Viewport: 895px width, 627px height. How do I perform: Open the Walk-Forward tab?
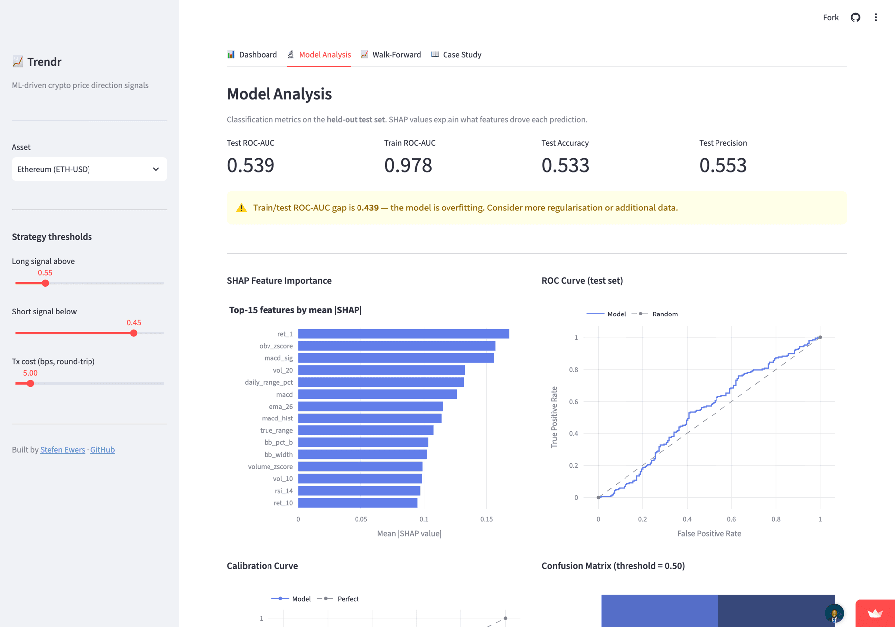pyautogui.click(x=391, y=55)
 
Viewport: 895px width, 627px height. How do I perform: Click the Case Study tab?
pyautogui.click(x=456, y=55)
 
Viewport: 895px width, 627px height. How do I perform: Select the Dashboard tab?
pyautogui.click(x=252, y=55)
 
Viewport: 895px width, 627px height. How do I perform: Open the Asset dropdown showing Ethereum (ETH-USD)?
pyautogui.click(x=89, y=169)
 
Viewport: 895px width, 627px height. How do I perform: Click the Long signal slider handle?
pyautogui.click(x=45, y=283)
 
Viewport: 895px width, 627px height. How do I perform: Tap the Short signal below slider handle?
pyautogui.click(x=134, y=333)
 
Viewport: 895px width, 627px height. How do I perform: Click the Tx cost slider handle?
pyautogui.click(x=30, y=384)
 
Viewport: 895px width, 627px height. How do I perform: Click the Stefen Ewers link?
pyautogui.click(x=63, y=450)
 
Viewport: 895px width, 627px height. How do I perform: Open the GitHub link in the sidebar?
pyautogui.click(x=102, y=450)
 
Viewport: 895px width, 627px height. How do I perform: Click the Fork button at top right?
pyautogui.click(x=831, y=18)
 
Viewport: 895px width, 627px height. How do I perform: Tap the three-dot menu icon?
pyautogui.click(x=876, y=18)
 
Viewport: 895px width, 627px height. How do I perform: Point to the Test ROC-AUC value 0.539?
pyautogui.click(x=251, y=165)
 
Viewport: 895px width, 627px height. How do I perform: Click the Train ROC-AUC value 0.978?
pyautogui.click(x=408, y=165)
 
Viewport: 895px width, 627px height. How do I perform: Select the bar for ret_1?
pyautogui.click(x=404, y=334)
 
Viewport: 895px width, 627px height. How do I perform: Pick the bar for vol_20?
pyautogui.click(x=382, y=370)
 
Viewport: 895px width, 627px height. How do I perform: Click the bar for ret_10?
pyautogui.click(x=358, y=503)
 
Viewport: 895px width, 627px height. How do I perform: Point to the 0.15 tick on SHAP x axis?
pyautogui.click(x=486, y=519)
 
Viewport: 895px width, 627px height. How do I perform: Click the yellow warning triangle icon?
pyautogui.click(x=241, y=208)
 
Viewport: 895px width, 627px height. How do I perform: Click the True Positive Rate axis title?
pyautogui.click(x=554, y=418)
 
